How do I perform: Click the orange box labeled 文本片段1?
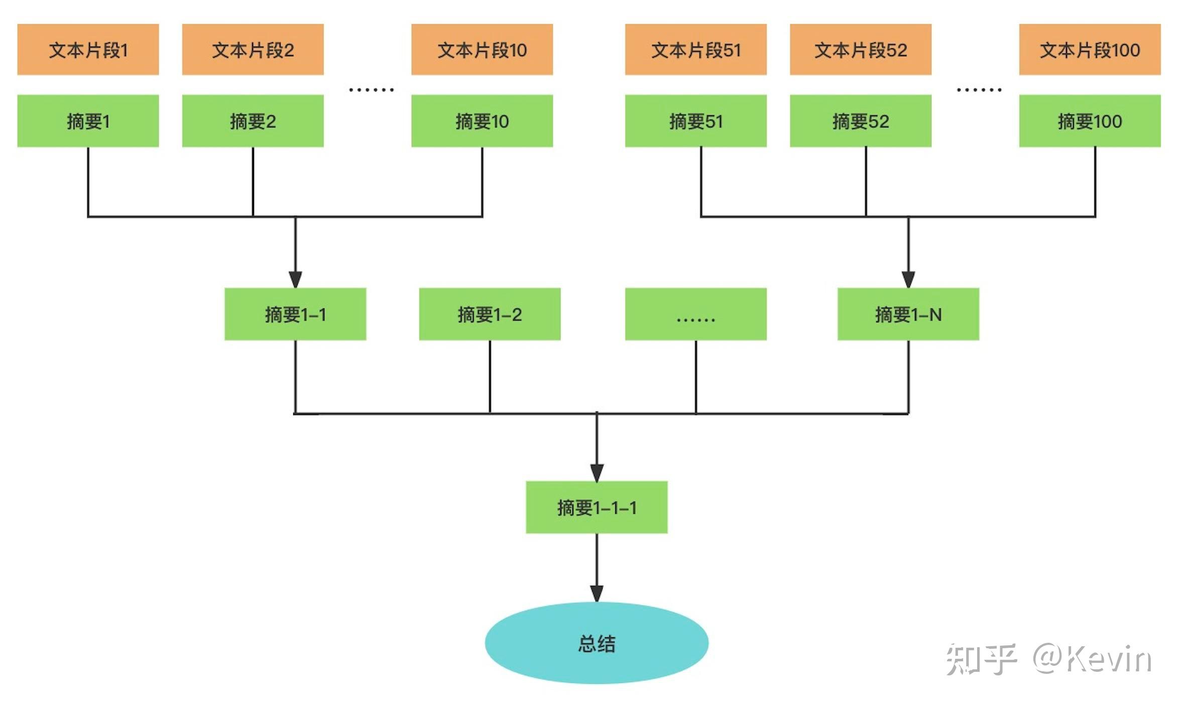click(88, 50)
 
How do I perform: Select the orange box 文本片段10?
click(482, 50)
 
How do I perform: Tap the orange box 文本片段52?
click(860, 50)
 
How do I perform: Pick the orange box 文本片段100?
click(1089, 50)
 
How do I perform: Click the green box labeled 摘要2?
click(253, 121)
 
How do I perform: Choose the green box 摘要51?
click(695, 121)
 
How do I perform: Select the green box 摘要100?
click(1089, 121)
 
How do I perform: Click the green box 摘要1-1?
click(295, 314)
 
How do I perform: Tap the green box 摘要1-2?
click(490, 314)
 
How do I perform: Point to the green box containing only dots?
click(695, 314)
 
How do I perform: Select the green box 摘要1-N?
click(908, 314)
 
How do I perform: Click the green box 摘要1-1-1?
click(597, 507)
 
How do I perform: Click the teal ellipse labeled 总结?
click(597, 643)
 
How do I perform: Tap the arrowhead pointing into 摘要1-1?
click(295, 279)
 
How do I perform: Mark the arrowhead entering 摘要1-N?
click(908, 279)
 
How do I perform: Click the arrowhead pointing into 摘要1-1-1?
click(597, 473)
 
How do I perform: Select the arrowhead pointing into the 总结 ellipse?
click(597, 593)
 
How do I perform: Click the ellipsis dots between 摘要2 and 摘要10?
click(371, 90)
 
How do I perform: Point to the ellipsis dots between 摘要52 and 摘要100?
click(979, 90)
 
